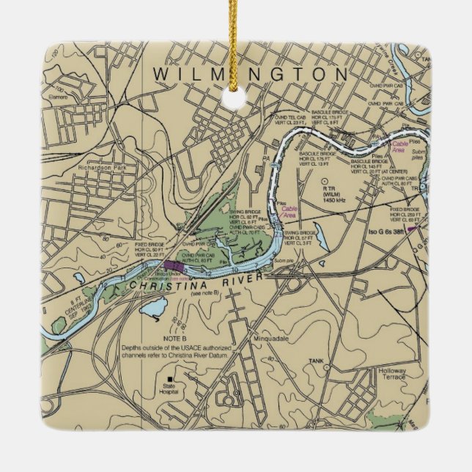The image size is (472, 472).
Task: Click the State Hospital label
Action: tap(169, 388)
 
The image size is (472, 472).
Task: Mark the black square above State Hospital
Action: tap(170, 378)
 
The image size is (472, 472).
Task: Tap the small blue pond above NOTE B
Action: tap(150, 313)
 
